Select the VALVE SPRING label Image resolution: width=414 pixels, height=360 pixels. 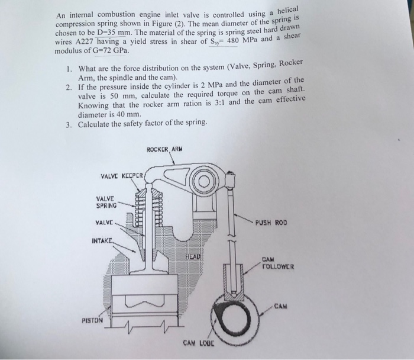click(x=107, y=202)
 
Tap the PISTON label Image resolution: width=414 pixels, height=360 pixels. click(x=93, y=320)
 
